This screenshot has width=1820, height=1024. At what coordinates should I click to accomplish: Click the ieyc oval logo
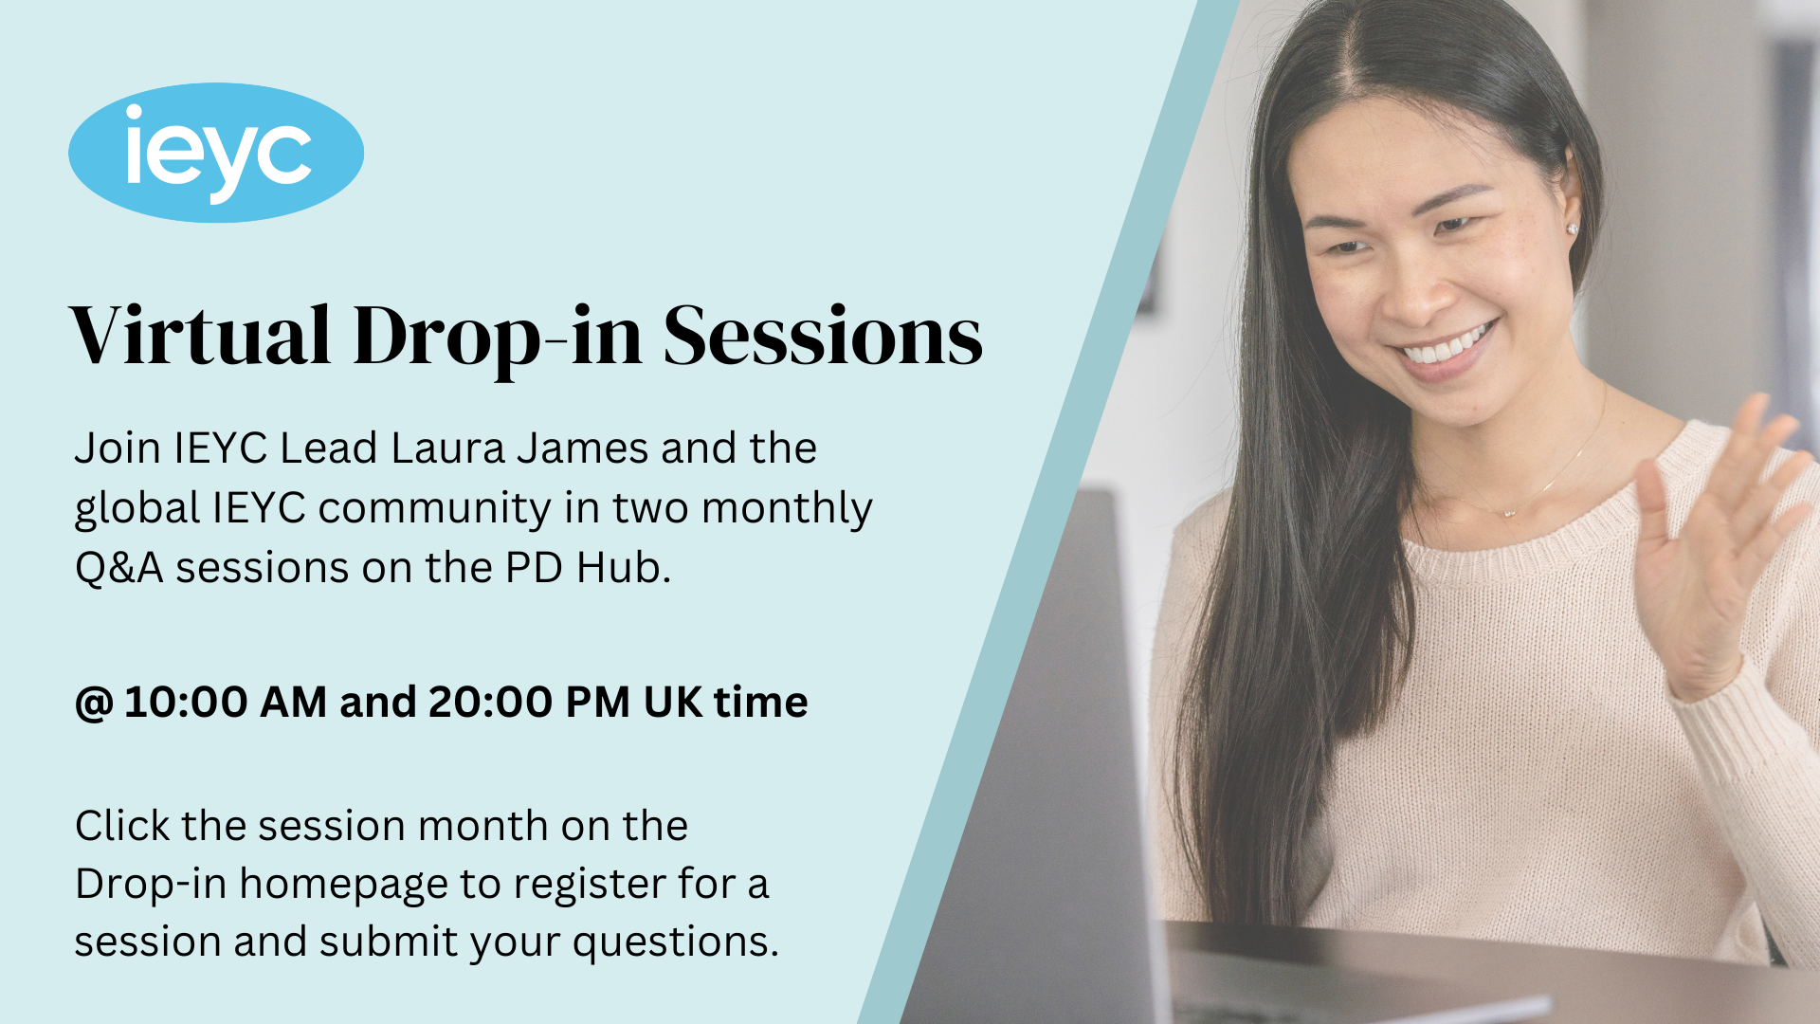pyautogui.click(x=216, y=153)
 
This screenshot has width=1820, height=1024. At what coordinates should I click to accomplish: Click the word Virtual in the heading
pyautogui.click(x=200, y=337)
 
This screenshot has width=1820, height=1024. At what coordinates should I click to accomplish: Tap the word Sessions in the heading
pyautogui.click(x=822, y=337)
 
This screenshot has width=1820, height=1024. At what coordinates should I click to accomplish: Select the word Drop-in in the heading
pyautogui.click(x=497, y=338)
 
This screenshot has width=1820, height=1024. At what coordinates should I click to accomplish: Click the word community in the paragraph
pyautogui.click(x=434, y=509)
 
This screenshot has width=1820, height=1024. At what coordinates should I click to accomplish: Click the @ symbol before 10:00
pyautogui.click(x=94, y=704)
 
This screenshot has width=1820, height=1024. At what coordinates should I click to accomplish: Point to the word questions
pyautogui.click(x=675, y=942)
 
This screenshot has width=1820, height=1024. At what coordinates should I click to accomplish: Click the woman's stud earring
pyautogui.click(x=1573, y=229)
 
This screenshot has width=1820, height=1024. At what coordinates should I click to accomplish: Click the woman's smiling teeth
pyautogui.click(x=1446, y=347)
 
